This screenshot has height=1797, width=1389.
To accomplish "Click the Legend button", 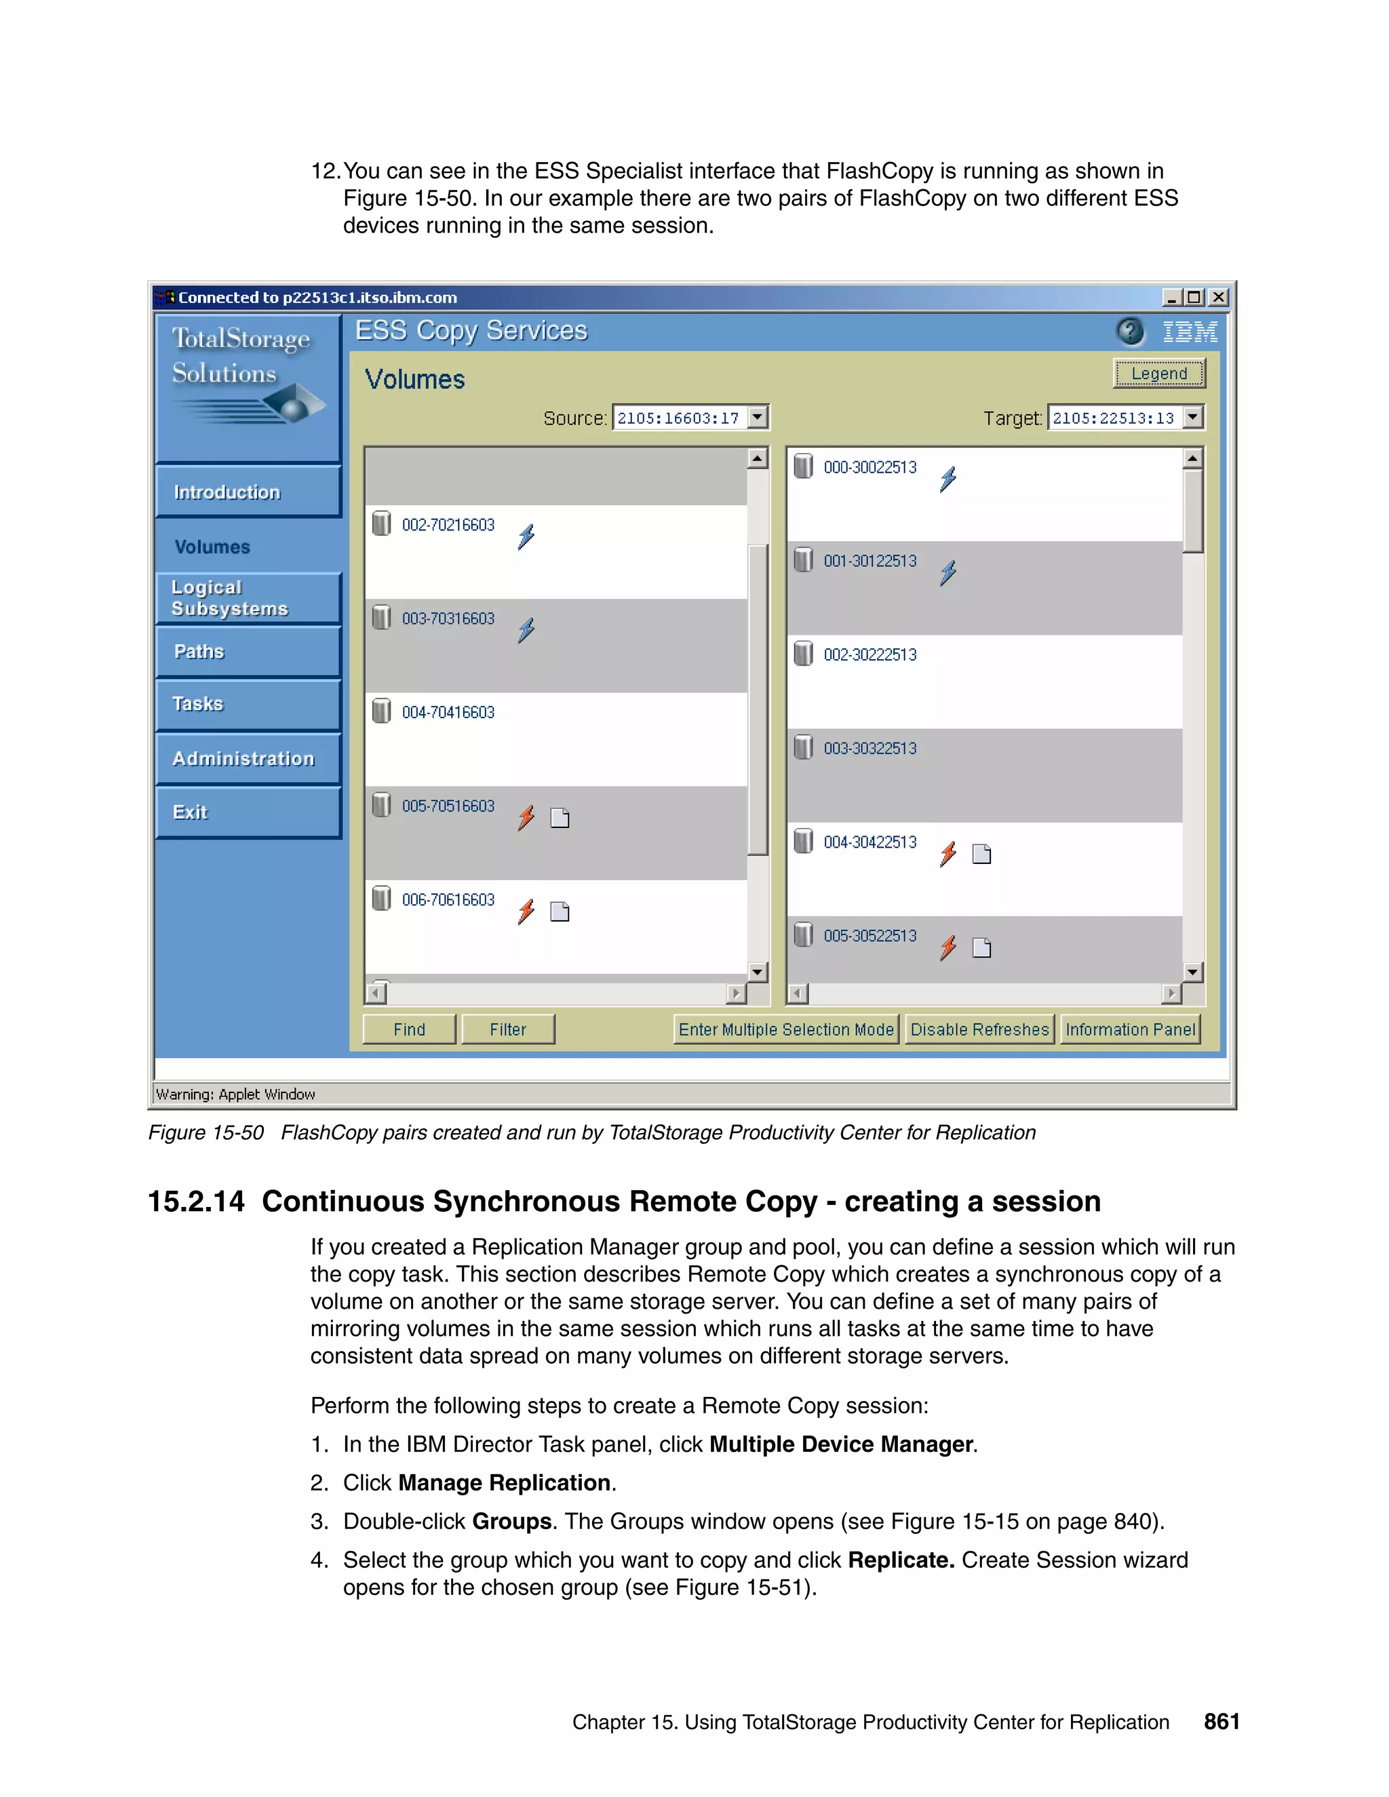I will (x=1158, y=374).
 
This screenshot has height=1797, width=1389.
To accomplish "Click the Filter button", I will (x=508, y=1029).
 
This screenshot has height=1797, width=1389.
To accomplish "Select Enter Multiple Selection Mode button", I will (x=786, y=1029).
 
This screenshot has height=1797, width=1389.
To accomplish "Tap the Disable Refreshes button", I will (x=979, y=1029).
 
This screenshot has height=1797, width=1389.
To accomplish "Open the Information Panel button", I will (x=1130, y=1029).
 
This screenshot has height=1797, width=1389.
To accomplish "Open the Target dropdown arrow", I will (x=1193, y=417).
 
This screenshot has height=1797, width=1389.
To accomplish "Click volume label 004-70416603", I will (x=448, y=713).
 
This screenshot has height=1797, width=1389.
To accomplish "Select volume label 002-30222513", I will (x=869, y=655).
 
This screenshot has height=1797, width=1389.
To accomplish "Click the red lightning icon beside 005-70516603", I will (x=526, y=818).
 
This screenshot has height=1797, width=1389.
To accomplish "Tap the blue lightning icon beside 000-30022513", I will (x=948, y=479).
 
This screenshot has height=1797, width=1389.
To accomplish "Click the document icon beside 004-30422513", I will (x=981, y=854).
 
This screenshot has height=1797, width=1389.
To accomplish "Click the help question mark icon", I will (x=1130, y=332).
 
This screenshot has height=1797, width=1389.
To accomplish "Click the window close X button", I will (x=1219, y=297).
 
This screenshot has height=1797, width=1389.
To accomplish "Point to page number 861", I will (x=1221, y=1722).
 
